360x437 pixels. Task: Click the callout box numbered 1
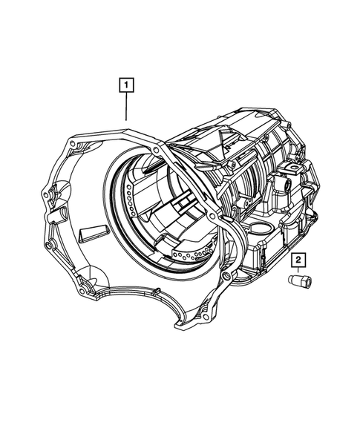point(127,85)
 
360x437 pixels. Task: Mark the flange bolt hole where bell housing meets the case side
point(215,214)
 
